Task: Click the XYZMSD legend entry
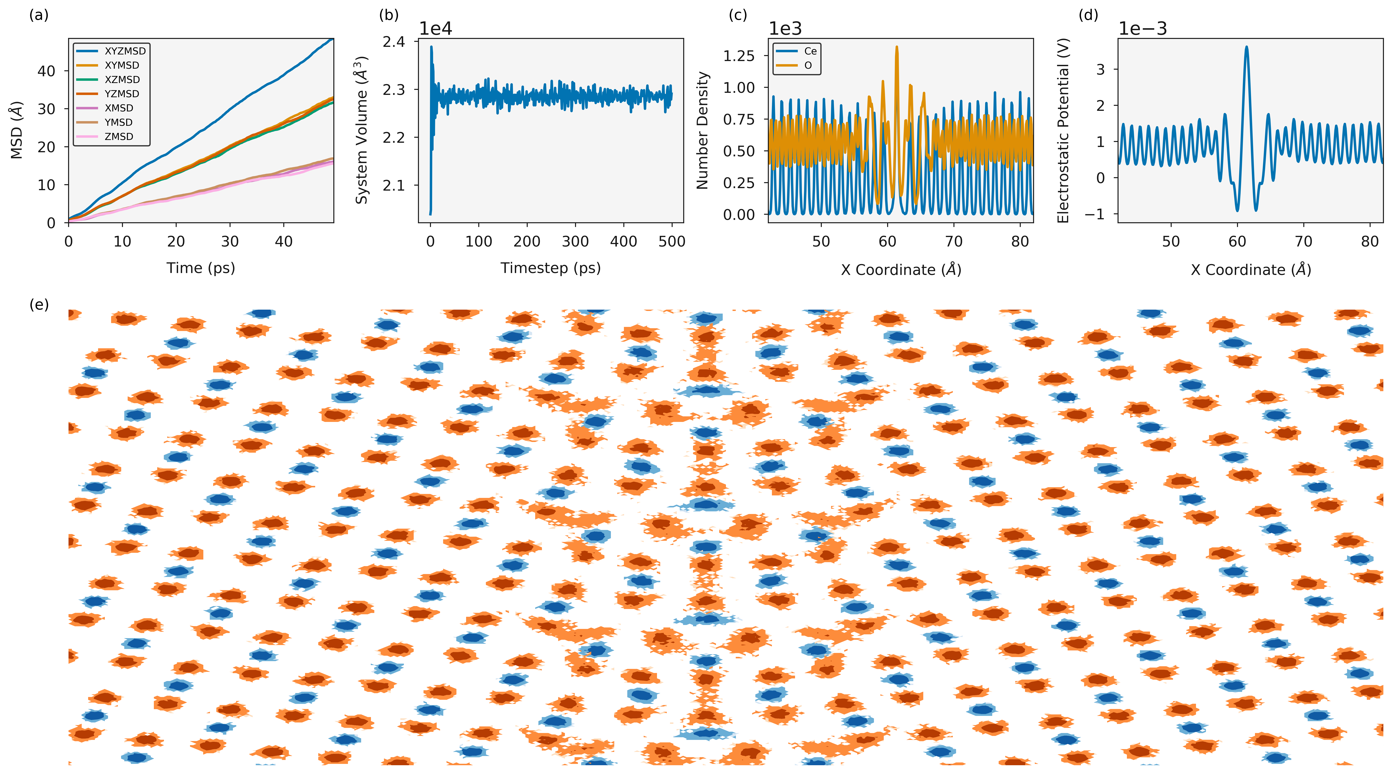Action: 111,51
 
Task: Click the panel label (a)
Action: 39,15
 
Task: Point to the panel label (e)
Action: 39,305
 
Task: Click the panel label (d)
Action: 1088,15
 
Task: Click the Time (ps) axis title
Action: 201,268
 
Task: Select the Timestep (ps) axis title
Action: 551,268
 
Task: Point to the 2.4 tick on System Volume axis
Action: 393,42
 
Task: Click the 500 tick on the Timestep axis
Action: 672,242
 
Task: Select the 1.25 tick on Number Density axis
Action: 739,56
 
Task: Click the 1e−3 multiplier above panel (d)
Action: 1142,28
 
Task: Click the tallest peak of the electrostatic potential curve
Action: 1247,47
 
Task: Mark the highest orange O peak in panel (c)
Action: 897,47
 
